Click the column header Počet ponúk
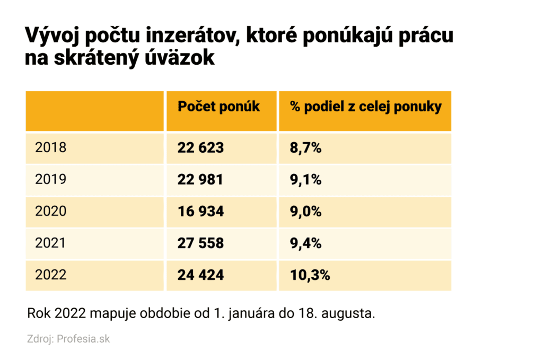tap(218, 107)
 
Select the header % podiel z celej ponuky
tap(365, 107)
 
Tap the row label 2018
tap(51, 147)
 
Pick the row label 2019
tap(51, 180)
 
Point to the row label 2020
tap(51, 212)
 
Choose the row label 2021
tap(51, 243)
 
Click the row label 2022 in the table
tap(51, 275)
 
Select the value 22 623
tap(200, 148)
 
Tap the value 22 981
tap(200, 180)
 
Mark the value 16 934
tap(200, 212)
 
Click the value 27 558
tap(200, 243)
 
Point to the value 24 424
tap(200, 275)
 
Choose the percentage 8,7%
tap(305, 148)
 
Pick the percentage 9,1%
tap(305, 180)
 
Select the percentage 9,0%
tap(305, 212)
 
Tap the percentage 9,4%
tap(305, 243)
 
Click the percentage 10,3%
tap(310, 275)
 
